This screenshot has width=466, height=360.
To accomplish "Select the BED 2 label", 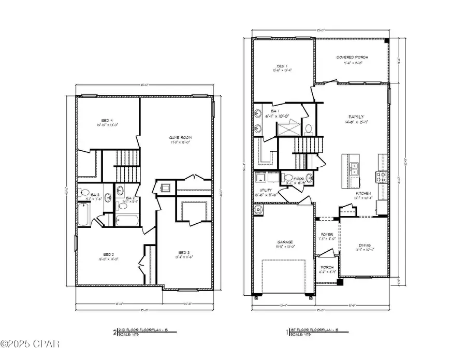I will pyautogui.click(x=108, y=254).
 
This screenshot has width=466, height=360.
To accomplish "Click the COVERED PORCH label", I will pyautogui.click(x=348, y=57).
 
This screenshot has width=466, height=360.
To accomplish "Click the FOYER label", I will pyautogui.click(x=326, y=234).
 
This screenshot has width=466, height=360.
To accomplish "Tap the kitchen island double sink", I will pyautogui.click(x=355, y=167).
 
